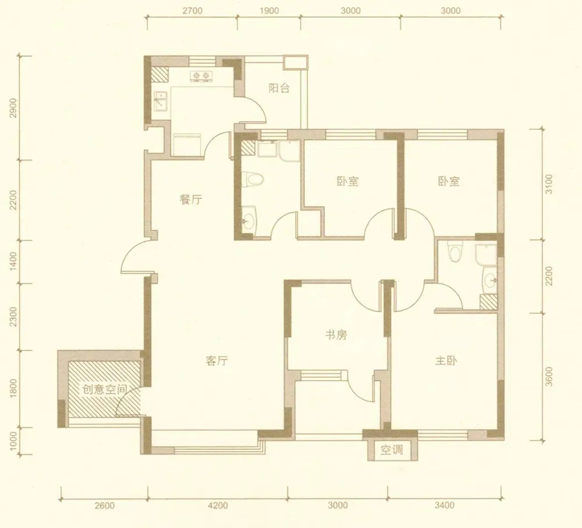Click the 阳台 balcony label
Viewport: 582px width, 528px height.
[x=279, y=88]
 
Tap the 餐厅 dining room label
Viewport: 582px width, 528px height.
[x=191, y=200]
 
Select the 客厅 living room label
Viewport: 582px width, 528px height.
[x=217, y=360]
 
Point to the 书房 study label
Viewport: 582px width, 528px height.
[x=336, y=335]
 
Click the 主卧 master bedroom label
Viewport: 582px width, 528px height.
[x=446, y=360]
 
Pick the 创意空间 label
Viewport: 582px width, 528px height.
[x=104, y=389]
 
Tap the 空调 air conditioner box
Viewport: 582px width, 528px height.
[x=392, y=450]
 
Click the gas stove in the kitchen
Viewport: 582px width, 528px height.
[x=201, y=76]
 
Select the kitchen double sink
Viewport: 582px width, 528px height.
[x=161, y=101]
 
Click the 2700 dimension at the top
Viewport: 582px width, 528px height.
[x=193, y=10]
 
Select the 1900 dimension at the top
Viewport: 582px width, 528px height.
[x=269, y=10]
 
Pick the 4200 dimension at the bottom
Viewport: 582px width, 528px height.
[x=218, y=505]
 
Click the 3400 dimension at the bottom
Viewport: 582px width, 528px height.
[x=444, y=505]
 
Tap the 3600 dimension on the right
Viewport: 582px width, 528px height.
[x=549, y=377]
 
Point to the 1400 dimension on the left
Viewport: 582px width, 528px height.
[x=13, y=261]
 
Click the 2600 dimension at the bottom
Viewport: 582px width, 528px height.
[x=105, y=505]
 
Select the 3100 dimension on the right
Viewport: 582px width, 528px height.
[x=549, y=184]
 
